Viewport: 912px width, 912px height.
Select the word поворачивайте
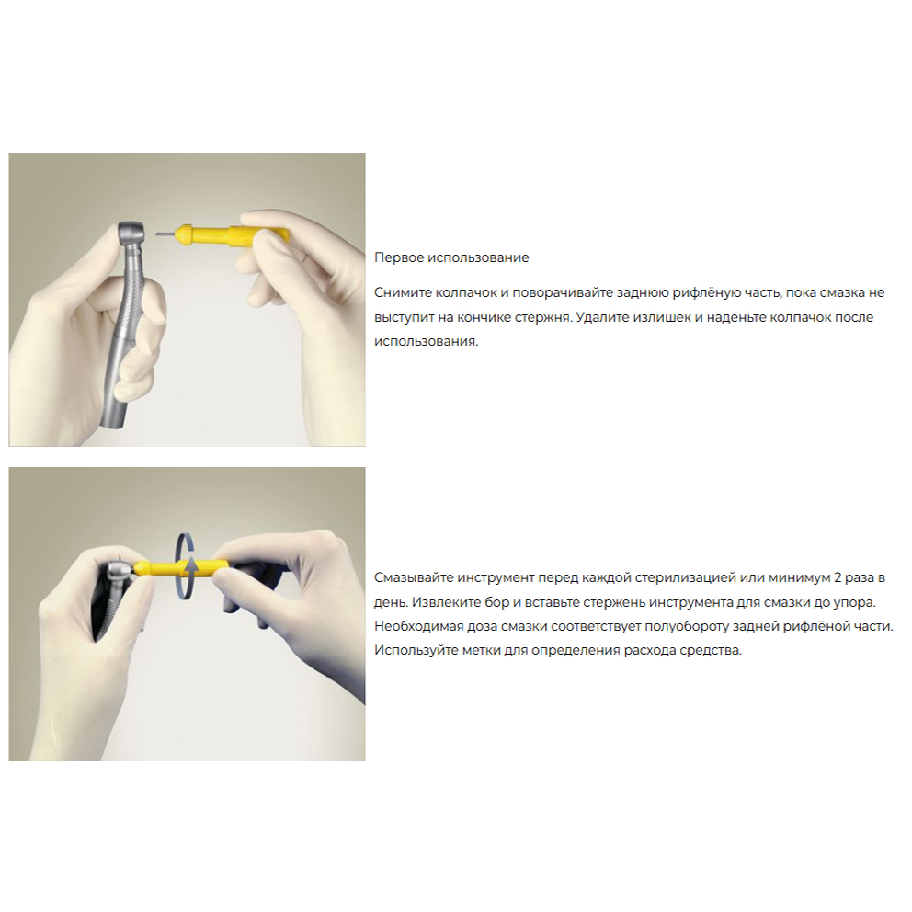pyautogui.click(x=563, y=292)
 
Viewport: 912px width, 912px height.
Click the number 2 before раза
pyautogui.click(x=838, y=577)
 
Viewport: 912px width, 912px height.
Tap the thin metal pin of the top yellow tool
pyautogui.click(x=165, y=234)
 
